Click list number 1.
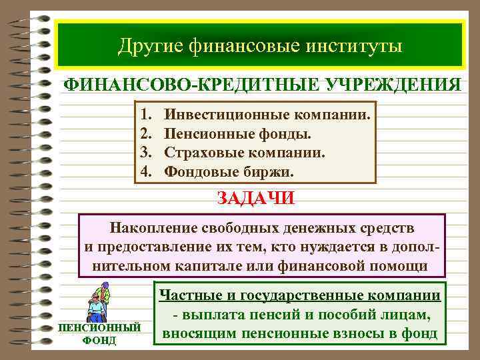[147, 115]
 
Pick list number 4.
[147, 172]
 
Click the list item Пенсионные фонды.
[237, 134]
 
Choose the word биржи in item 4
[273, 172]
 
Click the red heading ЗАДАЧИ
[255, 199]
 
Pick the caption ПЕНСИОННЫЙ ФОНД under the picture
[100, 334]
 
